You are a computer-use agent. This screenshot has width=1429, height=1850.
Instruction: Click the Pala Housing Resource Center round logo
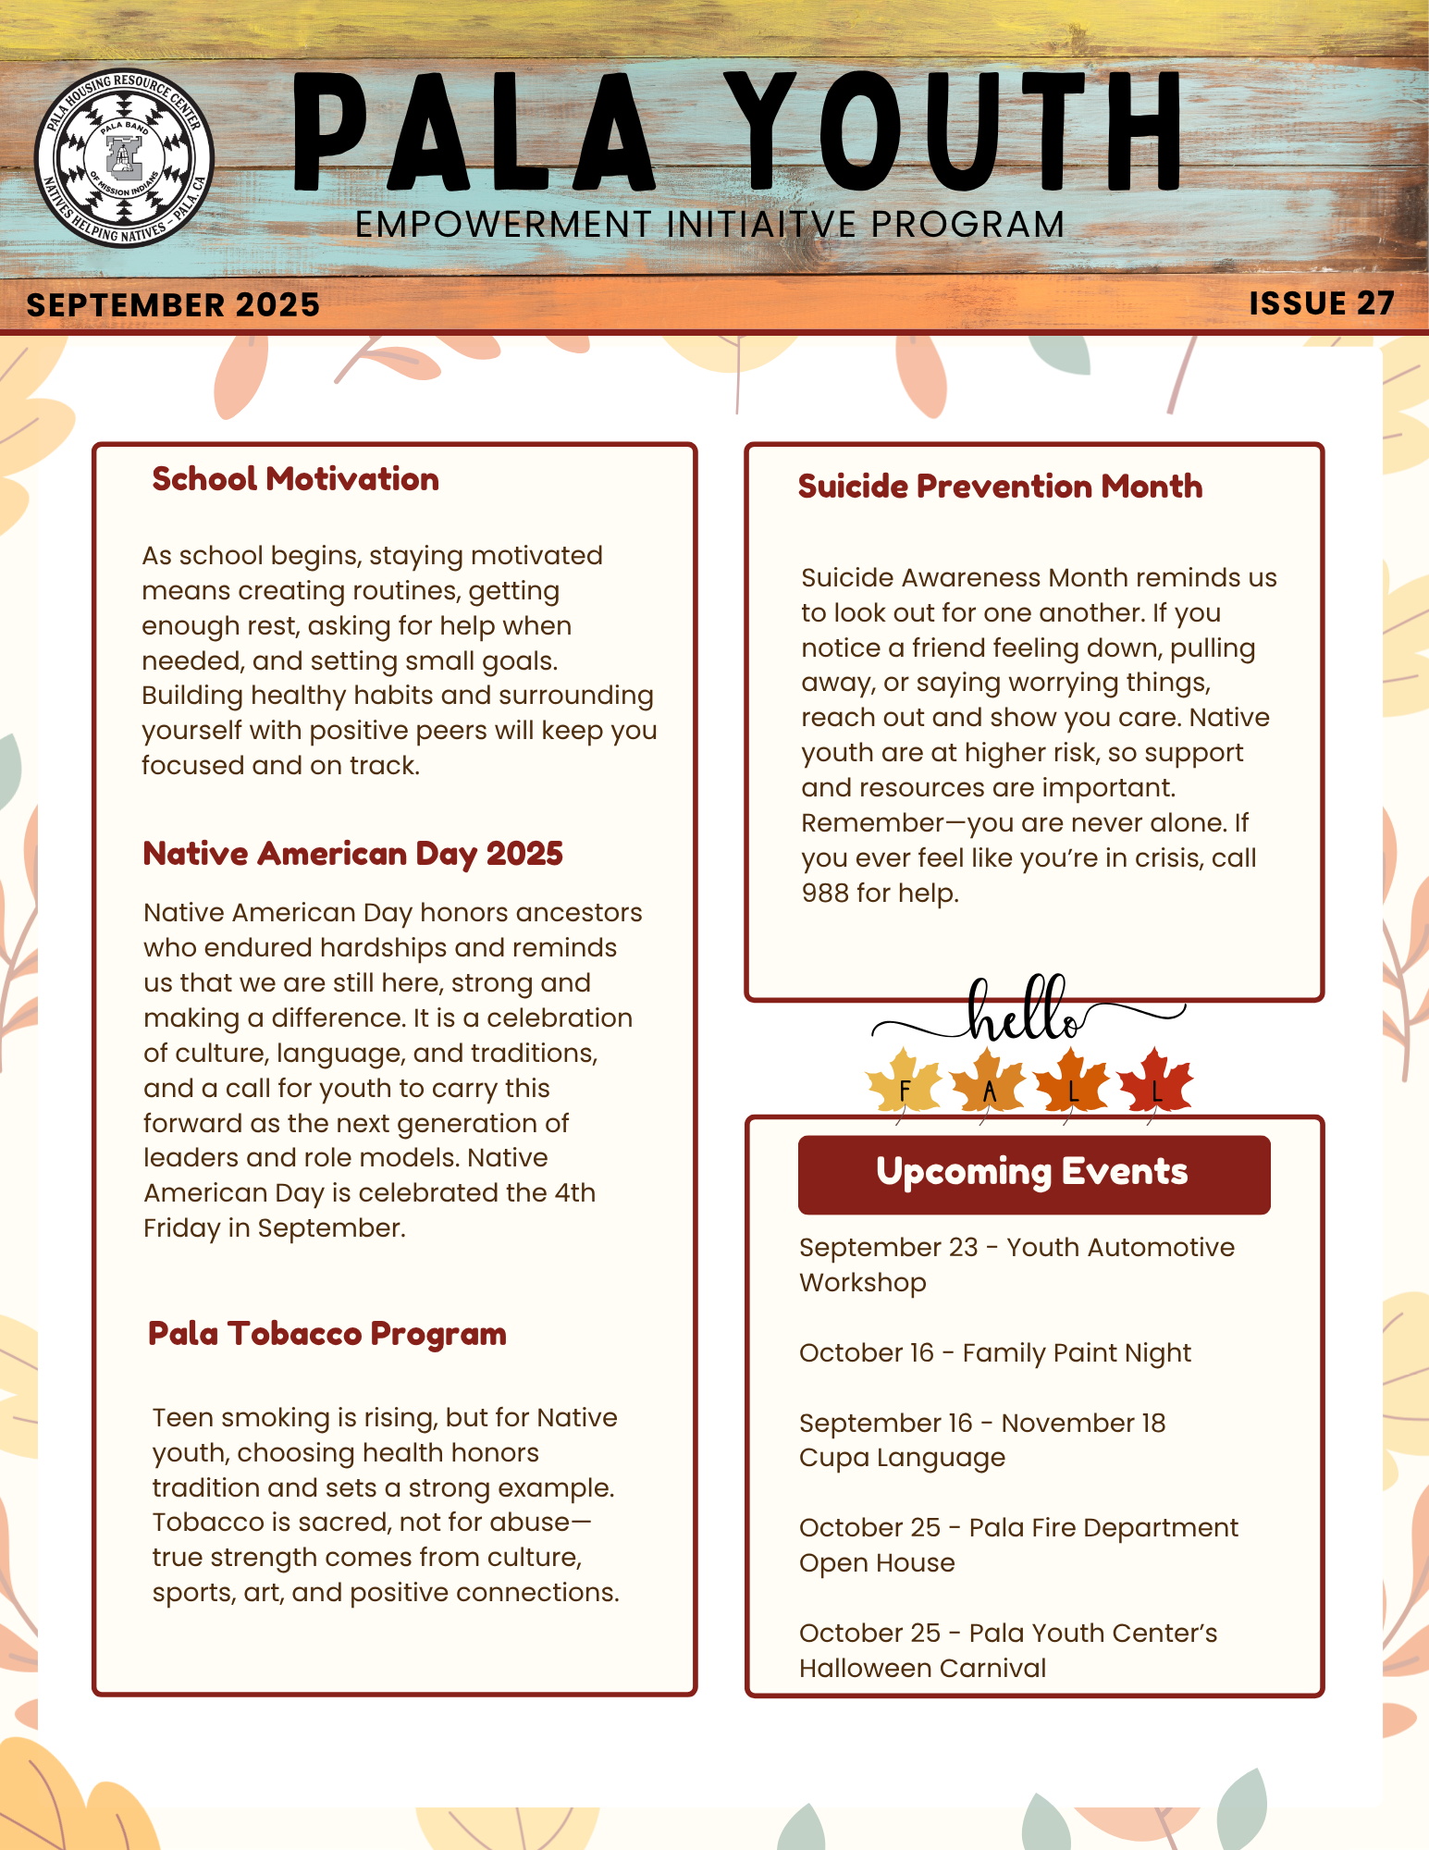124,158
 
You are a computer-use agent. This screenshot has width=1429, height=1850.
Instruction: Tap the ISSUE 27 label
1321,303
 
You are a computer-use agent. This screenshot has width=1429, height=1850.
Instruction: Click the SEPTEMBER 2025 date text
173,305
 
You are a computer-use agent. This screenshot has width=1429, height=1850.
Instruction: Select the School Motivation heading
295,479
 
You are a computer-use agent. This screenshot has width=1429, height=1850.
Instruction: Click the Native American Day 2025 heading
352,853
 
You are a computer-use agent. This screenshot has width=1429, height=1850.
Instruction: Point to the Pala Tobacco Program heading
327,1334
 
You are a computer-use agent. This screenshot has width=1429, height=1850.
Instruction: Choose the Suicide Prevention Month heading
1000,487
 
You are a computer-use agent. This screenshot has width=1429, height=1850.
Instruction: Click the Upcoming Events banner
1033,1173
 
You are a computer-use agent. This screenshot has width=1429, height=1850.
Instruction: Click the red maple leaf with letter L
1155,1083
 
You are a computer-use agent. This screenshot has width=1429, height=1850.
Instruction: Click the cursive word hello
1025,1011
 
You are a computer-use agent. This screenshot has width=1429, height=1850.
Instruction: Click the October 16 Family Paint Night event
994,1353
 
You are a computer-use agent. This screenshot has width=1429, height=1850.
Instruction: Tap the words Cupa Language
902,1459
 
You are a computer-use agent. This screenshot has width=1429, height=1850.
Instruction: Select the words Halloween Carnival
922,1669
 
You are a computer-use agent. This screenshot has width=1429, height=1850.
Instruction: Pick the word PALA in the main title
474,134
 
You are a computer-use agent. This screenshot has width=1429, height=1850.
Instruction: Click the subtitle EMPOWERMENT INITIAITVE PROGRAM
709,225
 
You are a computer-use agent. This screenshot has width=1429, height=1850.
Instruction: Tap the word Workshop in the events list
863,1283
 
